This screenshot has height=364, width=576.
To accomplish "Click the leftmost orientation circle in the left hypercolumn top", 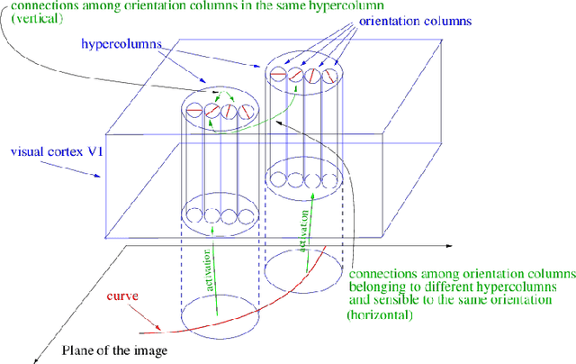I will click(x=193, y=113).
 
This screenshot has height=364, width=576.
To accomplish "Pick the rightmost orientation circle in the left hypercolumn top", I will click(x=247, y=113).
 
